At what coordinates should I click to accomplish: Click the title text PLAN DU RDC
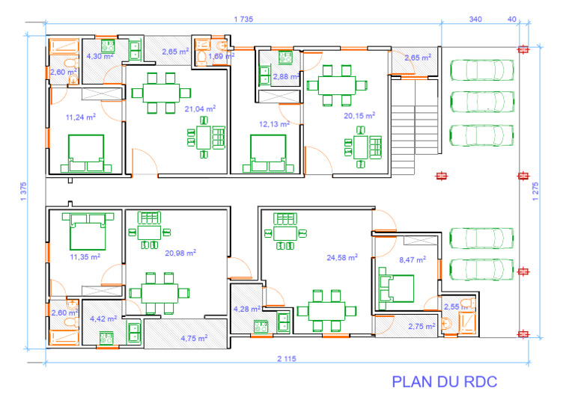coord(445,382)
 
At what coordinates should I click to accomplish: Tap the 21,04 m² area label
coord(201,108)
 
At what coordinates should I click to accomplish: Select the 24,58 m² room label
coord(341,257)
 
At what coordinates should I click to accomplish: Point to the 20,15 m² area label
coord(359,116)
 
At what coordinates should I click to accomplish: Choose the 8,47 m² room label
coord(412,259)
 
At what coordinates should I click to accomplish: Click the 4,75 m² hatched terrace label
coord(194,338)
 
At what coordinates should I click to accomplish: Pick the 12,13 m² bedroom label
coord(274,124)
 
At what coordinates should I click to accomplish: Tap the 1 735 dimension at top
coord(243,19)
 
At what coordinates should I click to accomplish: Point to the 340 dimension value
coord(475,19)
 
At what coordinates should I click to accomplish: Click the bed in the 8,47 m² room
coord(398,291)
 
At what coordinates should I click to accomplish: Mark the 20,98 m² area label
coord(181,253)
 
